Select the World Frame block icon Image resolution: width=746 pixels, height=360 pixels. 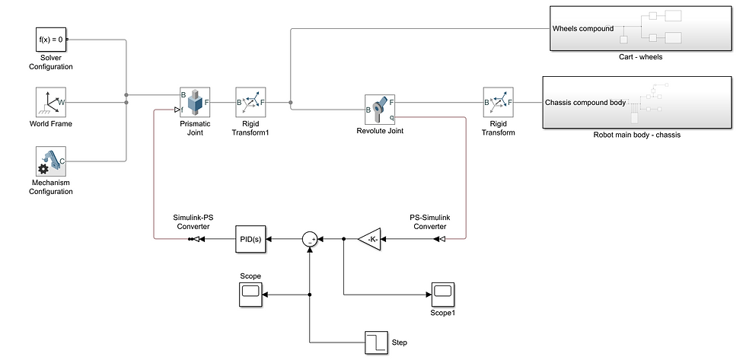tap(51, 101)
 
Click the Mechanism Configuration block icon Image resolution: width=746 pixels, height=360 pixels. tap(51, 161)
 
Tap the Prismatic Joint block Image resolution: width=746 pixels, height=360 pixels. tap(195, 101)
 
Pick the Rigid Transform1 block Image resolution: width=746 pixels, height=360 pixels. tap(250, 101)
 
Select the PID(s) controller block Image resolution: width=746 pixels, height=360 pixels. tap(250, 239)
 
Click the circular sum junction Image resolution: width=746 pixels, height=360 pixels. tap(310, 239)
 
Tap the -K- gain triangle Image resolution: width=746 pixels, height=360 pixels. tap(371, 239)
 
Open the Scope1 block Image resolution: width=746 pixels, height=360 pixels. tap(443, 294)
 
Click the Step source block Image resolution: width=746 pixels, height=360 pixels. tap(376, 342)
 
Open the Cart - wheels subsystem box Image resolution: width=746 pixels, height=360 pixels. tap(640, 28)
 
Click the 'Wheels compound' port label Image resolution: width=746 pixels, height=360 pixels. tap(583, 29)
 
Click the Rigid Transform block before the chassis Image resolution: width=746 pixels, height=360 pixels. tap(499, 101)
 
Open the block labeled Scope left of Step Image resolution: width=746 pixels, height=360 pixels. tap(250, 294)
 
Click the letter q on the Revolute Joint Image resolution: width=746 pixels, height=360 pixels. tap(392, 117)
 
